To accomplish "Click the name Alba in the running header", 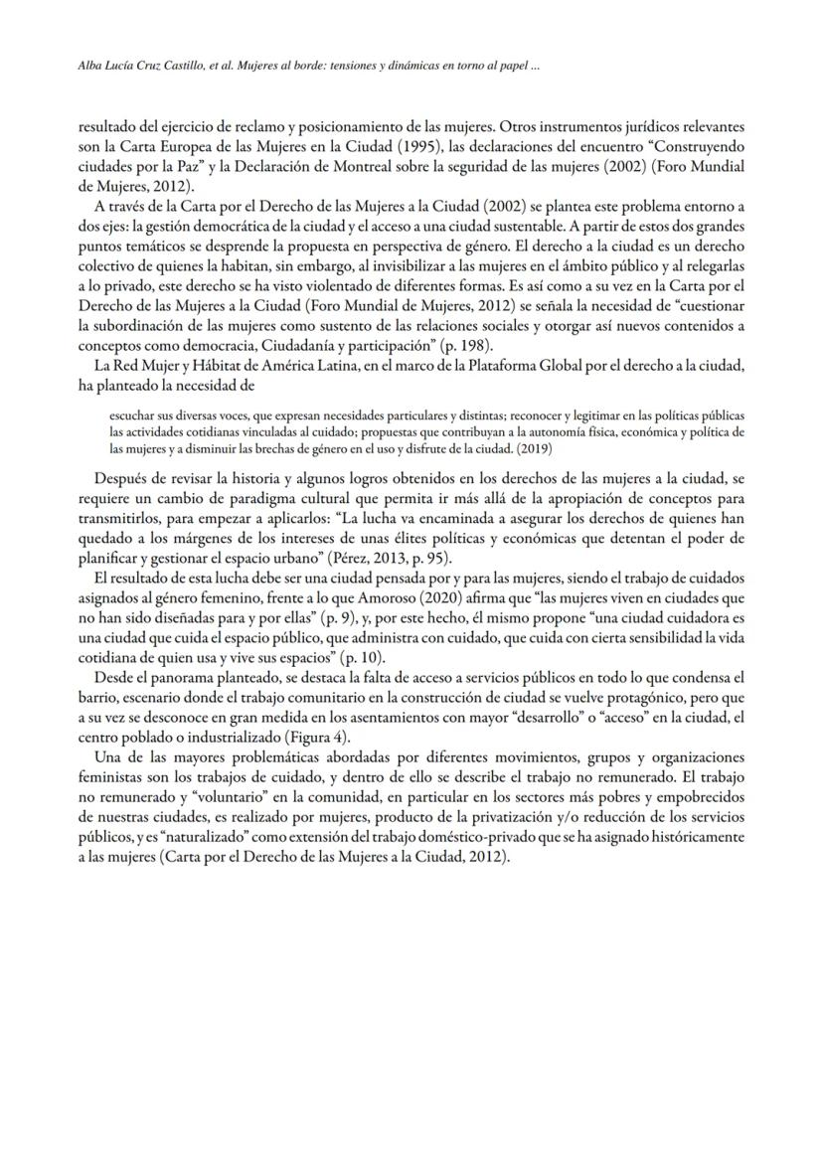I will [91, 68].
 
